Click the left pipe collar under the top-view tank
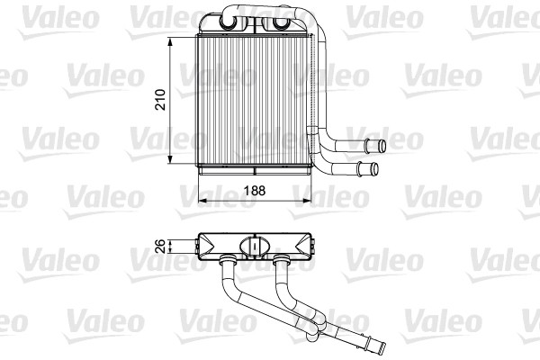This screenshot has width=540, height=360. [228, 262]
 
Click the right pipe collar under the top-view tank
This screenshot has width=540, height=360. [283, 262]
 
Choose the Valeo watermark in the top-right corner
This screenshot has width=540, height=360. [504, 15]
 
